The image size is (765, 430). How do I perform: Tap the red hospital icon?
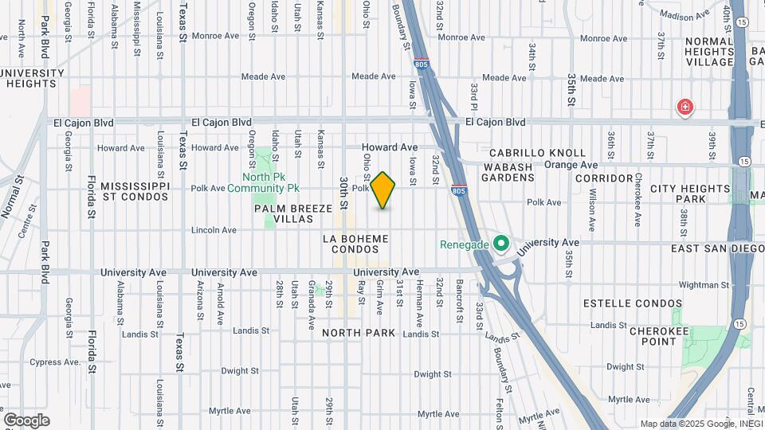pyautogui.click(x=684, y=107)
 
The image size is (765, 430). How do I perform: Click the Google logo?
pyautogui.click(x=26, y=420)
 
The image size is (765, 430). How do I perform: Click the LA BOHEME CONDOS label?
pyautogui.click(x=355, y=244)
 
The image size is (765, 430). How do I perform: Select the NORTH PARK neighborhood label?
pyautogui.click(x=359, y=333)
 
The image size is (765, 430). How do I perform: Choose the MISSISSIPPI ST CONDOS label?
pyautogui.click(x=135, y=191)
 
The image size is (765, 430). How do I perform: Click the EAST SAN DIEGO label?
pyautogui.click(x=718, y=248)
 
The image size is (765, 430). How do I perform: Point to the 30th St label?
pyautogui.click(x=343, y=193)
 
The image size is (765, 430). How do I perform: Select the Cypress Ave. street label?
pyautogui.click(x=57, y=362)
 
